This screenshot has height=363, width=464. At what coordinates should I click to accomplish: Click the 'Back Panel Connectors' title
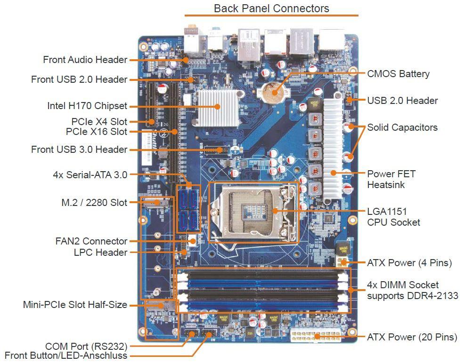[x=271, y=8]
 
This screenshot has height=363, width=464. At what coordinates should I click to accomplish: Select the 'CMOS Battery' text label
[x=398, y=74]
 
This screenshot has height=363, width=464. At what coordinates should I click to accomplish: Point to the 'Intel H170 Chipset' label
[x=87, y=105]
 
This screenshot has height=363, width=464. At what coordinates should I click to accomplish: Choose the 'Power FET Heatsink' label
[x=391, y=179]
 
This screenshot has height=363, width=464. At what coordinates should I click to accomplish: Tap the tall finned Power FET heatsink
[x=334, y=146]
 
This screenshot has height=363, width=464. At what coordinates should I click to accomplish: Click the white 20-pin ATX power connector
[x=315, y=336]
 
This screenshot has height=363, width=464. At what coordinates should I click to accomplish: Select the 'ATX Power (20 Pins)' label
[x=412, y=337]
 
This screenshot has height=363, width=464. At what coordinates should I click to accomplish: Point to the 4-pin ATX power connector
[x=342, y=262]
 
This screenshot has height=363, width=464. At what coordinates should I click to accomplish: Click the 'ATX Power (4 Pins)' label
[x=409, y=263]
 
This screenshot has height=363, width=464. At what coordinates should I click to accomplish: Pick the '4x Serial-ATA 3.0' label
[x=90, y=175]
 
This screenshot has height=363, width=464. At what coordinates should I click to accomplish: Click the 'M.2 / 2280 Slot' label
[x=94, y=203]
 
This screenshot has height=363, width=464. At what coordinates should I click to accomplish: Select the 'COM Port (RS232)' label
[x=86, y=347]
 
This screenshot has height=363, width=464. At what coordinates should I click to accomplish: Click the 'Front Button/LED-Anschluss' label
[x=66, y=356]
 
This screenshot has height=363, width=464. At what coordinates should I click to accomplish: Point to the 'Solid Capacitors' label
[x=402, y=127]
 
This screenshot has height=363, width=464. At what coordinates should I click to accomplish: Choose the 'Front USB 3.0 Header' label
[x=79, y=150]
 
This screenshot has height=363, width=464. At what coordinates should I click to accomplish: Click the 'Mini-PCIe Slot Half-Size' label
[x=75, y=305]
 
